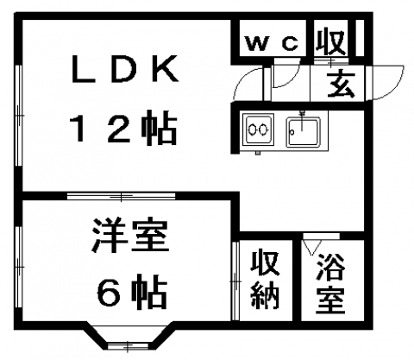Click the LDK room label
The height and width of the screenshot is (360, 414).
(126, 69)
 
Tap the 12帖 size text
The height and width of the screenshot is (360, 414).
(122, 127)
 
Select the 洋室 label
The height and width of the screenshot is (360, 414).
(130, 236)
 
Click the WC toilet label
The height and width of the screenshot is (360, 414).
(272, 43)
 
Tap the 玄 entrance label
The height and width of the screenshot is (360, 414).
(342, 84)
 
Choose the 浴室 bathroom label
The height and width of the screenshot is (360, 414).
(330, 283)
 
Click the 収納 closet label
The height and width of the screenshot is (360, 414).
(265, 280)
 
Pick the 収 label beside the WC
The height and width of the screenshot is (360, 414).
(330, 41)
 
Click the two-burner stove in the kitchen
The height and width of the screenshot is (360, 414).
(258, 129)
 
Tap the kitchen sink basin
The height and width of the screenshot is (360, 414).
(303, 132)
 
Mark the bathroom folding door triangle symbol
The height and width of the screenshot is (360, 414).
(311, 248)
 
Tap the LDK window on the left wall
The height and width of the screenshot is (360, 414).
(18, 116)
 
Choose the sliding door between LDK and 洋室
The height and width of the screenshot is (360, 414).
(121, 196)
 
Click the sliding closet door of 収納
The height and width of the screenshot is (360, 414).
(235, 281)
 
